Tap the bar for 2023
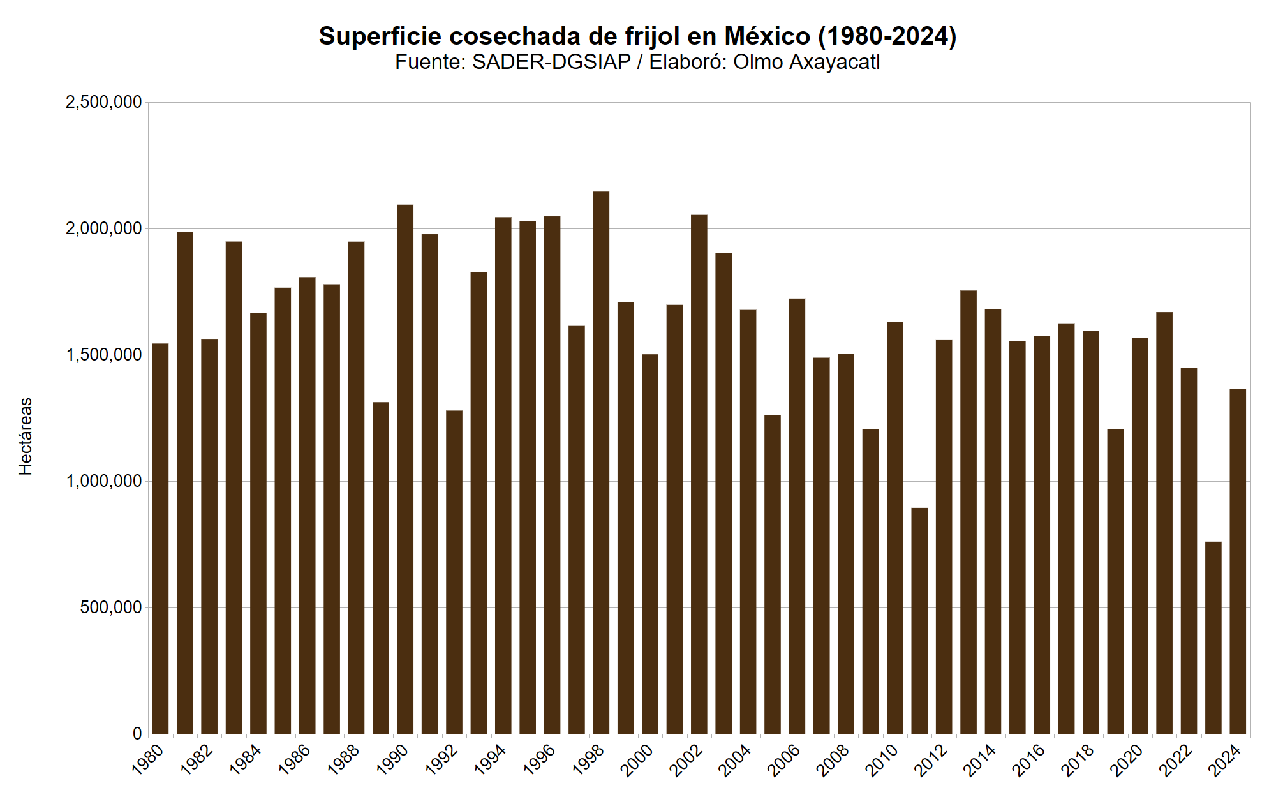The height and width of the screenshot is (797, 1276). (x=1213, y=637)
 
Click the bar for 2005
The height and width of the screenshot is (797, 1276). (x=773, y=574)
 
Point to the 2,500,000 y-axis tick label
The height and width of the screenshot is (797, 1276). (x=103, y=102)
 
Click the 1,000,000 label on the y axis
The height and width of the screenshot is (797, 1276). (x=103, y=481)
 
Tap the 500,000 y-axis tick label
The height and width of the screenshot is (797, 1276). (x=110, y=607)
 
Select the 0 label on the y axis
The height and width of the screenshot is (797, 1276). (x=137, y=734)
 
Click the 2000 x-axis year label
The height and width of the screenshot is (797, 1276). (x=638, y=761)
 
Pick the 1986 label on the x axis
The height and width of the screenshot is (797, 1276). (x=295, y=761)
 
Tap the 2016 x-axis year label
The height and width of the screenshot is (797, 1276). (x=1030, y=761)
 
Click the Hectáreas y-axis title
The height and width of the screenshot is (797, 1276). (x=26, y=436)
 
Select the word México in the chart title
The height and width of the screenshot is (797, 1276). (x=768, y=36)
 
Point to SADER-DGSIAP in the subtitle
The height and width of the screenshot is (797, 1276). (x=551, y=63)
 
